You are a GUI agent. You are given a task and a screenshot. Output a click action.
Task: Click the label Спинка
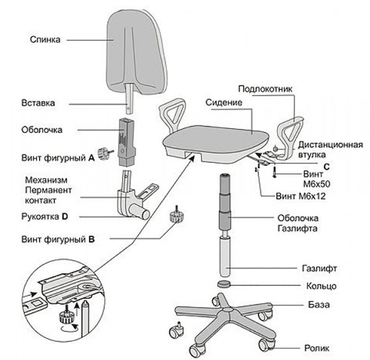click(45, 40)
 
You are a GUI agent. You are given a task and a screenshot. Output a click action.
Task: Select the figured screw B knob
click(176, 215)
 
